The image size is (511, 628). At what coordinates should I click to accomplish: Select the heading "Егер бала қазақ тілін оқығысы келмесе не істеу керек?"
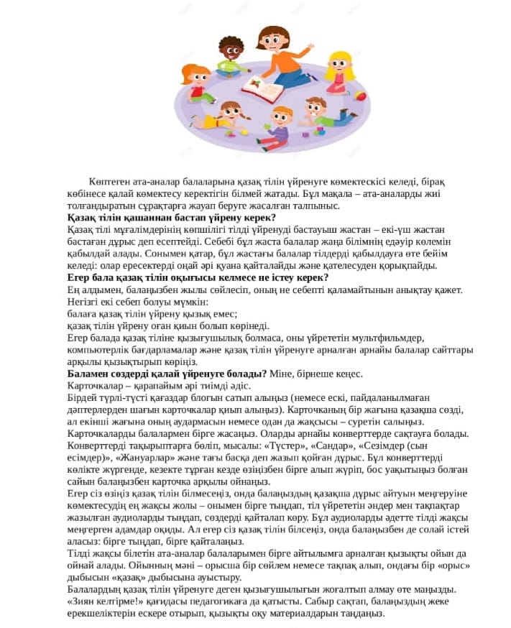(x=198, y=277)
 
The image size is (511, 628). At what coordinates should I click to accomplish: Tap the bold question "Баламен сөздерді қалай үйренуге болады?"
(x=167, y=373)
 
